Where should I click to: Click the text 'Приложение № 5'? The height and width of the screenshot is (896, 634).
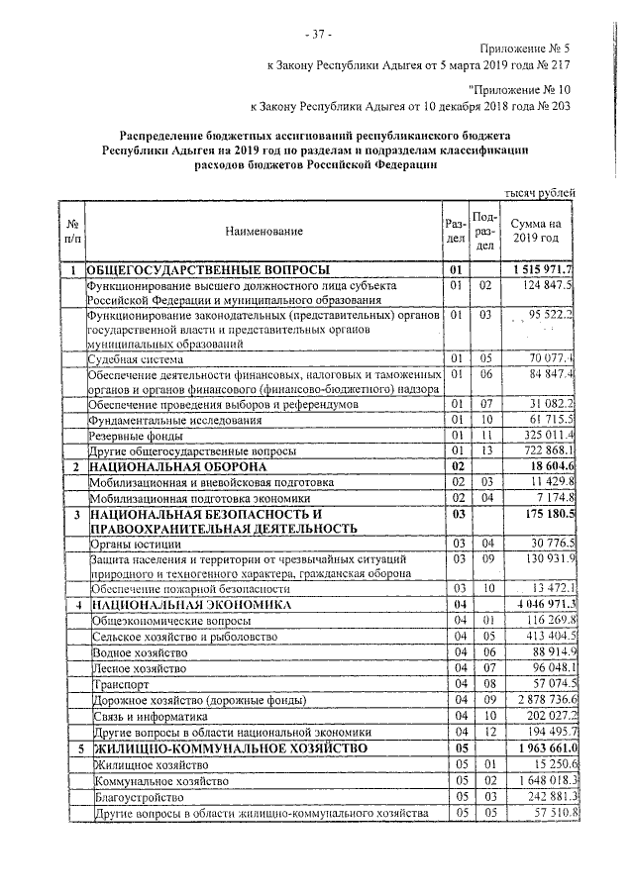(x=525, y=47)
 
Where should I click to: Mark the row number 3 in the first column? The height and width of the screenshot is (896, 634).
(x=74, y=515)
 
